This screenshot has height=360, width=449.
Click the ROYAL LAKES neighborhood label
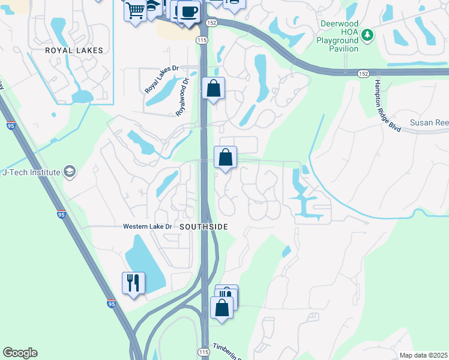click(74, 51)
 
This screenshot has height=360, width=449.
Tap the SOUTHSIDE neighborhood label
click(203, 227)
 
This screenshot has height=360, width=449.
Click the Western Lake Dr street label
click(147, 227)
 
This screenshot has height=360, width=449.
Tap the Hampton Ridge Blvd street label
click(387, 106)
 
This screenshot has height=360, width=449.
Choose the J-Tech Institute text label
click(31, 173)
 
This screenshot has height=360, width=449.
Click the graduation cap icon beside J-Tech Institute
click(70, 173)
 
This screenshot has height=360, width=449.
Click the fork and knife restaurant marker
click(133, 283)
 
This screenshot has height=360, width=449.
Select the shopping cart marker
click(136, 10)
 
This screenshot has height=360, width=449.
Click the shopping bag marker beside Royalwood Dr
click(213, 89)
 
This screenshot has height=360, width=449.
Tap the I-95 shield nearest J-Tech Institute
click(61, 214)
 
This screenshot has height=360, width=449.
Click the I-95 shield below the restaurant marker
click(112, 304)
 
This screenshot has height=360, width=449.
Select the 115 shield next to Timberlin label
click(203, 352)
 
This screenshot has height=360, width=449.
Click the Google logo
click(20, 353)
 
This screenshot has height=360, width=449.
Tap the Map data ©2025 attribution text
click(423, 355)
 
